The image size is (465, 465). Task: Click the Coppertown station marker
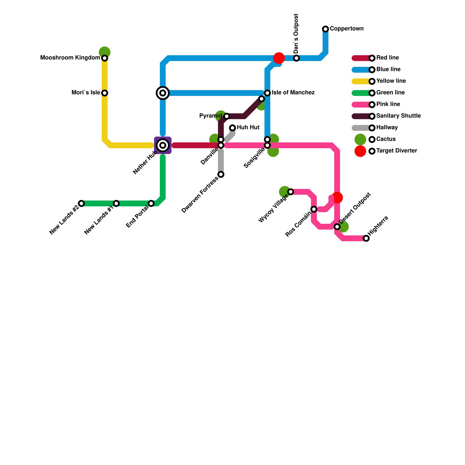325,29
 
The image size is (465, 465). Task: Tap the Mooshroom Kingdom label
70,58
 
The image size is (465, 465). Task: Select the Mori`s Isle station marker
105,93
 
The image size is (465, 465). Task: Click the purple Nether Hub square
163,145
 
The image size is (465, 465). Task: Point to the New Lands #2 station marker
81,203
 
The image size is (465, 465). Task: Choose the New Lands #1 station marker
116,203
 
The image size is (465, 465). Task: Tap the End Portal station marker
151,203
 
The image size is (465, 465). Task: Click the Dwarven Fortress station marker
221,174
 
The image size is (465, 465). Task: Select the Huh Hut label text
248,128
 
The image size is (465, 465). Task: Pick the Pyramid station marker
227,116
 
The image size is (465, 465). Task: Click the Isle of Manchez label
293,93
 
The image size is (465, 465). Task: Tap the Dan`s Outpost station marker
296,58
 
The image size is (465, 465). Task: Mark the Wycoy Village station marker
291,192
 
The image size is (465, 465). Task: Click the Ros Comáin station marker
314,209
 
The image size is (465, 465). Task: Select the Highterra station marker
366,238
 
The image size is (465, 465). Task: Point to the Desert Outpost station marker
337,227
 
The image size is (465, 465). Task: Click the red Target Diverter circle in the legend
360,151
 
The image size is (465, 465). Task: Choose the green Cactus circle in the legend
360,139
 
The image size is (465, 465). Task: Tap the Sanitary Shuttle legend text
398,116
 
